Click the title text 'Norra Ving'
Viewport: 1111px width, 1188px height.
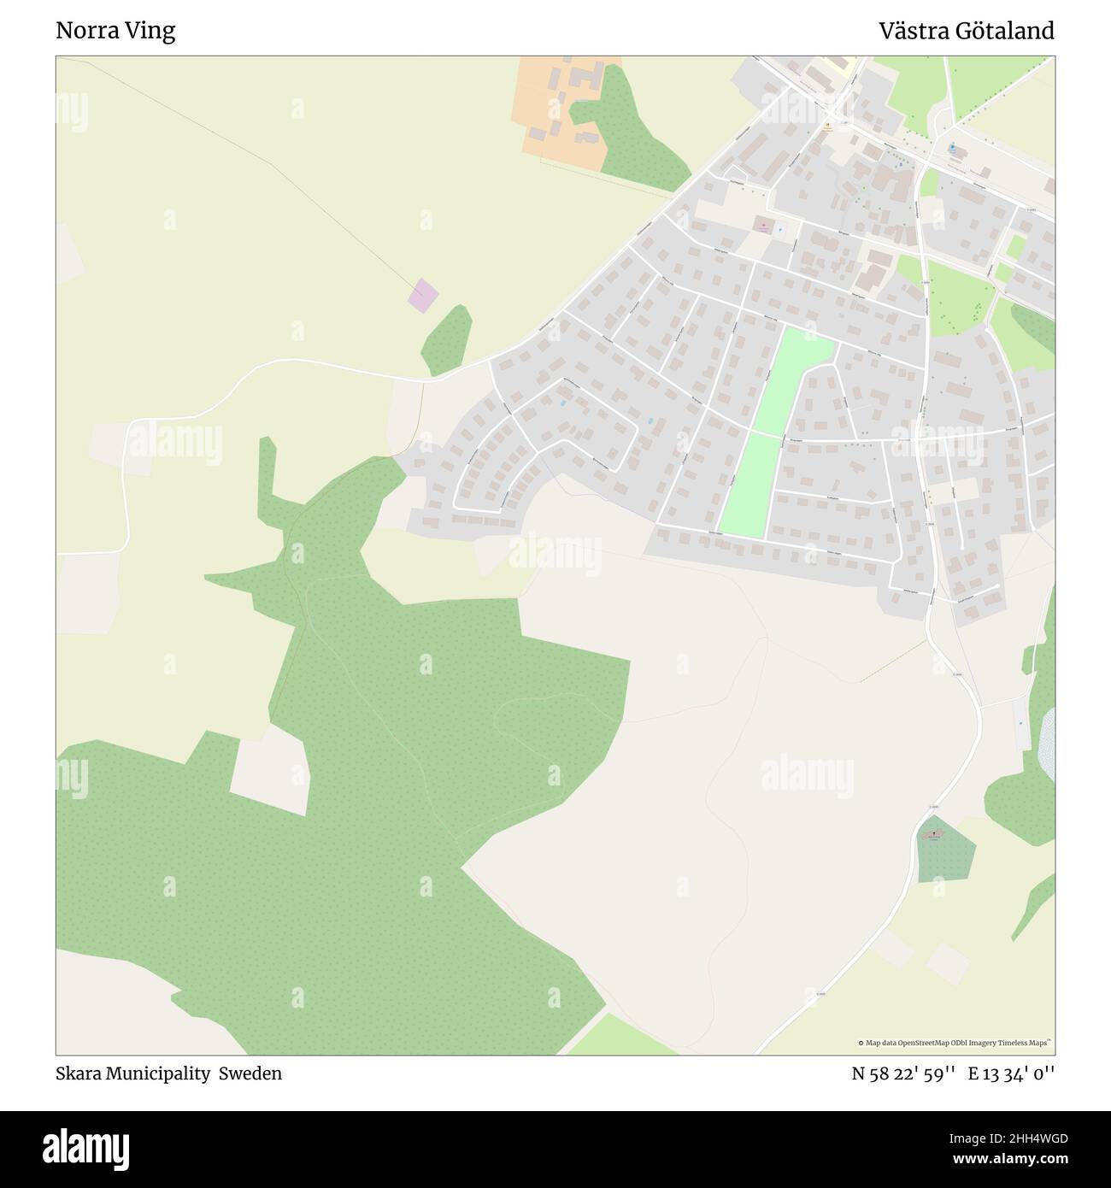[115, 31]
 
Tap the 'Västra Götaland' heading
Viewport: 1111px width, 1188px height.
[967, 31]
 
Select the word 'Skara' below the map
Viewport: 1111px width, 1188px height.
[79, 1073]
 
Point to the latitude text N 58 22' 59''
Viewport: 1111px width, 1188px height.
[902, 1073]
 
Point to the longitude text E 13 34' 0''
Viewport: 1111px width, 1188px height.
[1011, 1073]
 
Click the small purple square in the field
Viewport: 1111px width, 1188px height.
[422, 295]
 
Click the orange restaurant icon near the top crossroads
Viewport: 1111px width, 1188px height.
[827, 126]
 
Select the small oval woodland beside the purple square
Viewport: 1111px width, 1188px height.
[447, 340]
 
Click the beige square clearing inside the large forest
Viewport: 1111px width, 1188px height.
[269, 771]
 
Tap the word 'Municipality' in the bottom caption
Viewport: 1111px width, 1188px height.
[159, 1073]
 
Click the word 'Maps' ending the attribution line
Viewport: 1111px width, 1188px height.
[1041, 1043]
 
